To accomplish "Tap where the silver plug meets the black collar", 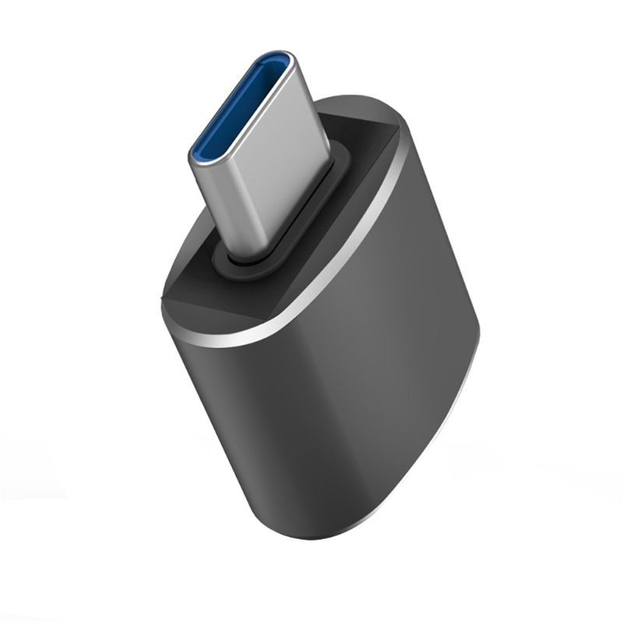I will [x=257, y=254].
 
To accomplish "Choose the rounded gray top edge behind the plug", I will [x=366, y=105].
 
